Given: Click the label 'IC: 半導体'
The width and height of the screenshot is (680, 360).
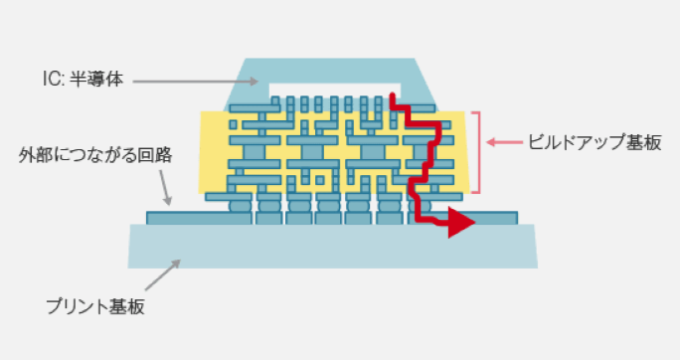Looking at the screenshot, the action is [83, 80].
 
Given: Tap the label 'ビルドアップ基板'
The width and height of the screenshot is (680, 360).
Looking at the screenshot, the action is [595, 142].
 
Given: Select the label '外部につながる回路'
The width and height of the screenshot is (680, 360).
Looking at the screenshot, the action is [95, 155].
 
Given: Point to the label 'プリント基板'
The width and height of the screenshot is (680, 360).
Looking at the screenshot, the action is [95, 306].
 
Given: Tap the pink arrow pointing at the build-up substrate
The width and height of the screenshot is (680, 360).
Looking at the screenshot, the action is [504, 142].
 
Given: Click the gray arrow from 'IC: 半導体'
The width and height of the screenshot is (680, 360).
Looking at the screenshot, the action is [196, 82].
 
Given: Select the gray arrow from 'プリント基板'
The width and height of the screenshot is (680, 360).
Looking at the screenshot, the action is [163, 274].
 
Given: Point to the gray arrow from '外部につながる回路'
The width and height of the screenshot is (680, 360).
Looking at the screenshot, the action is [165, 187].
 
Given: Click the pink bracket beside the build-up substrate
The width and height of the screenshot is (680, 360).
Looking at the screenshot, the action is [479, 152].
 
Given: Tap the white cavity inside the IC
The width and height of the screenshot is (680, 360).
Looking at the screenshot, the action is [334, 90].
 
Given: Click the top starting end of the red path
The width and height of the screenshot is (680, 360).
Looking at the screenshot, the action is [392, 94].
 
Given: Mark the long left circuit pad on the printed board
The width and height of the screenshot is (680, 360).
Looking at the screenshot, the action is [199, 218].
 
